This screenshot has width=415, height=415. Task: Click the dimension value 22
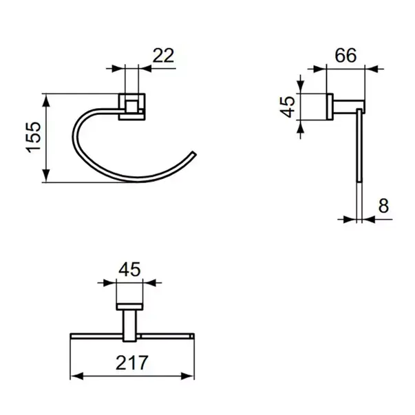click(x=163, y=56)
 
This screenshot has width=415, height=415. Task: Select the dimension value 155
click(x=34, y=137)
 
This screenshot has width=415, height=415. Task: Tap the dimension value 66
click(x=345, y=56)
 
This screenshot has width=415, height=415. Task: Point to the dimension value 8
click(x=383, y=206)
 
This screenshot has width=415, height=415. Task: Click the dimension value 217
click(x=132, y=363)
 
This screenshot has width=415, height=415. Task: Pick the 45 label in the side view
click(x=287, y=107)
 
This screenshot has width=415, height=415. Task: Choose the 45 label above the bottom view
click(x=129, y=269)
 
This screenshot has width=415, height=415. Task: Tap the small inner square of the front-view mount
click(x=131, y=106)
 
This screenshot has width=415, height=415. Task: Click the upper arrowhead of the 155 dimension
click(x=46, y=100)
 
